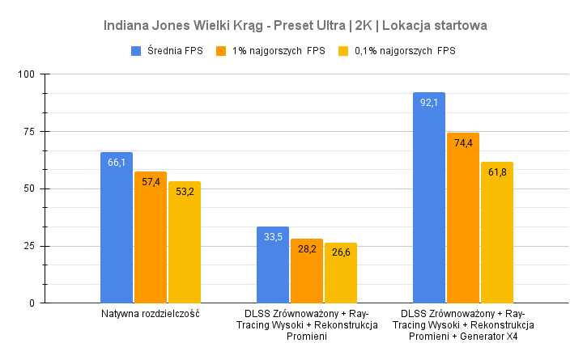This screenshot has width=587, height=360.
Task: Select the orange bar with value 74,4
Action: (x=463, y=218)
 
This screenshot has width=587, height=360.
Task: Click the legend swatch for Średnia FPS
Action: (x=137, y=51)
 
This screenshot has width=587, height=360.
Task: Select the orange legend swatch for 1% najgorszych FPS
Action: (x=221, y=51)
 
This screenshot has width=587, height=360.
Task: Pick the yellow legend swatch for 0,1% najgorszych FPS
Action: (x=342, y=51)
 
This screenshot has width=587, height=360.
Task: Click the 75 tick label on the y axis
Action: (x=30, y=132)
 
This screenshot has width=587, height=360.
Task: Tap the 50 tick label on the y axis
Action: (x=30, y=188)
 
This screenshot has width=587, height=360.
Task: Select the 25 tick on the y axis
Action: (x=30, y=246)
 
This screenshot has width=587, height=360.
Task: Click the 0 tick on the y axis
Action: (x=32, y=303)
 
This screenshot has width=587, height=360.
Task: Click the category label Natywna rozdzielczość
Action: (x=151, y=313)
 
